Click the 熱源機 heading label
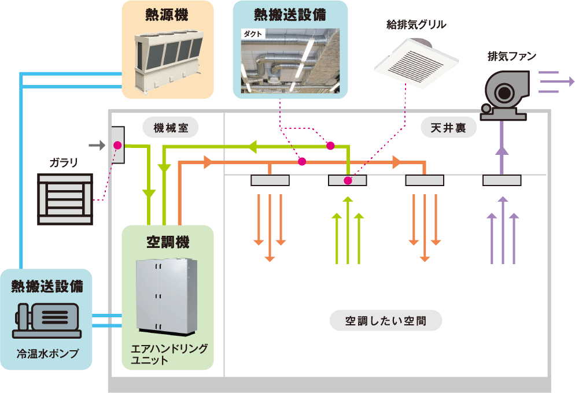click(x=167, y=16)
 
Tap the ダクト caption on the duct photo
click(x=253, y=34)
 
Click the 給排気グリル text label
click(x=416, y=24)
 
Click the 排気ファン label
click(x=512, y=56)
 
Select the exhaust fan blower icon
click(x=503, y=92)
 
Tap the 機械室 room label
click(x=171, y=127)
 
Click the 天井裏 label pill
click(x=448, y=128)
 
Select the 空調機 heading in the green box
click(x=167, y=242)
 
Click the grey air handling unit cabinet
click(x=167, y=294)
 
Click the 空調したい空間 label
click(x=385, y=320)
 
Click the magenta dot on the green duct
click(x=330, y=146)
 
